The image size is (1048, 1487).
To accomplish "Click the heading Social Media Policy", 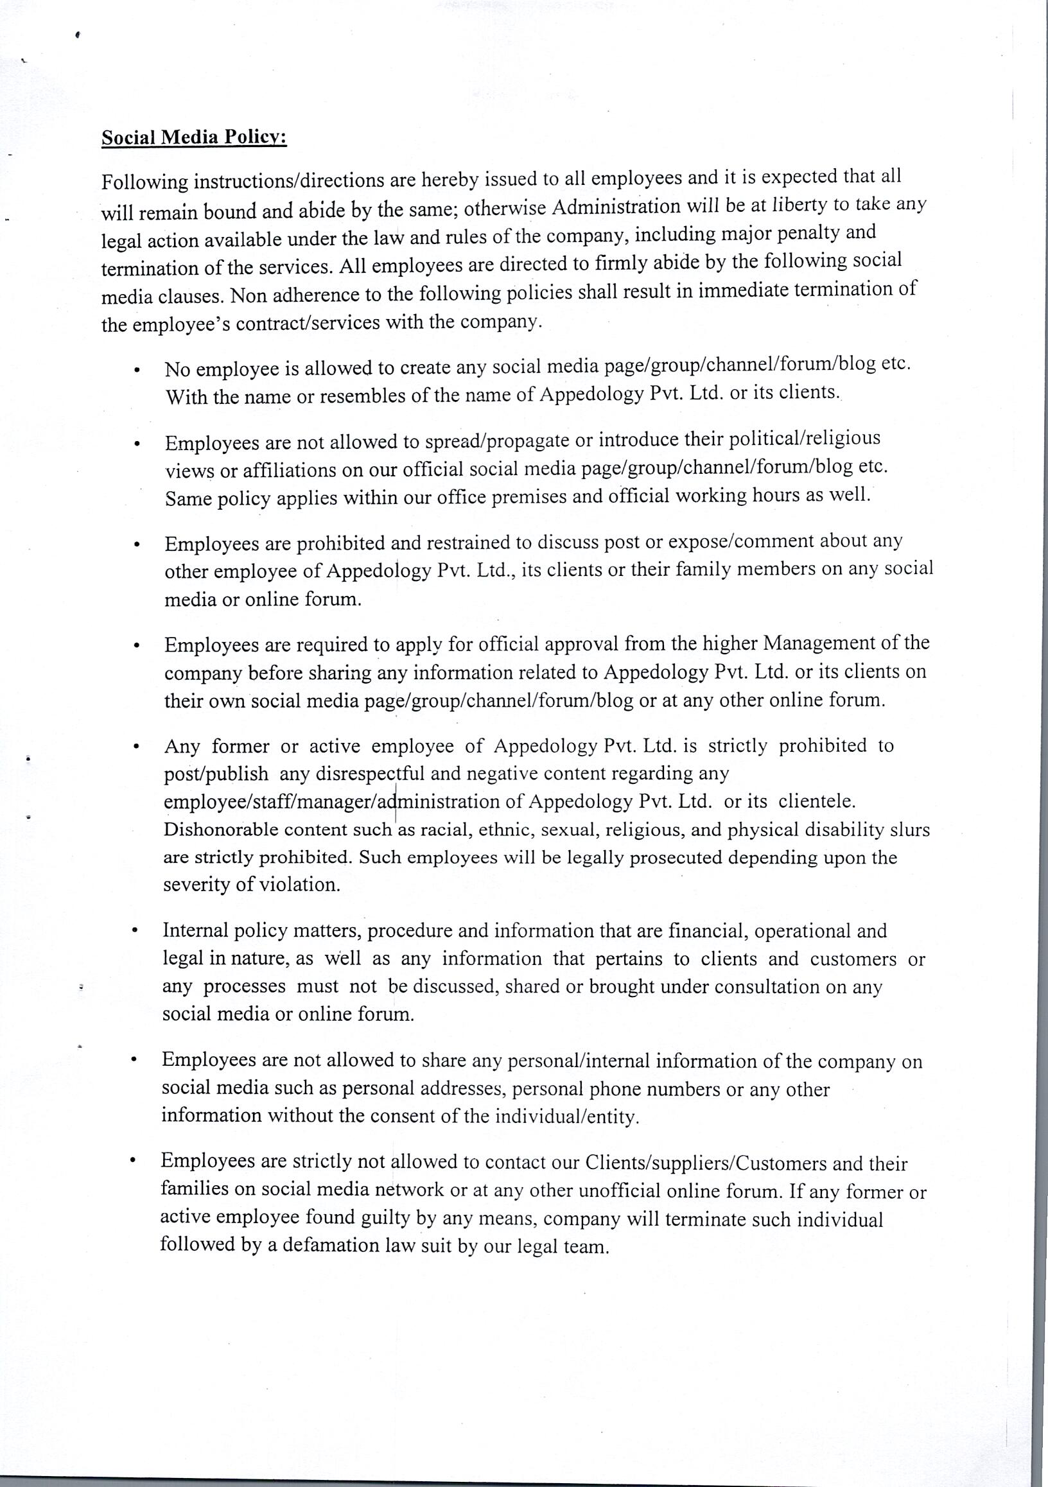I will pos(194,138).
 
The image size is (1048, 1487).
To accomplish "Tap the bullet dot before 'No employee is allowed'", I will pos(136,372).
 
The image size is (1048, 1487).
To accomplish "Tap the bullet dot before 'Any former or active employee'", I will pos(135,747).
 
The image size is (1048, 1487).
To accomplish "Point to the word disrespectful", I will pos(372,774).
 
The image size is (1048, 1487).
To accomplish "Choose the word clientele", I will pos(817,802).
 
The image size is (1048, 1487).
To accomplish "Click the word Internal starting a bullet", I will pos(196,931).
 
